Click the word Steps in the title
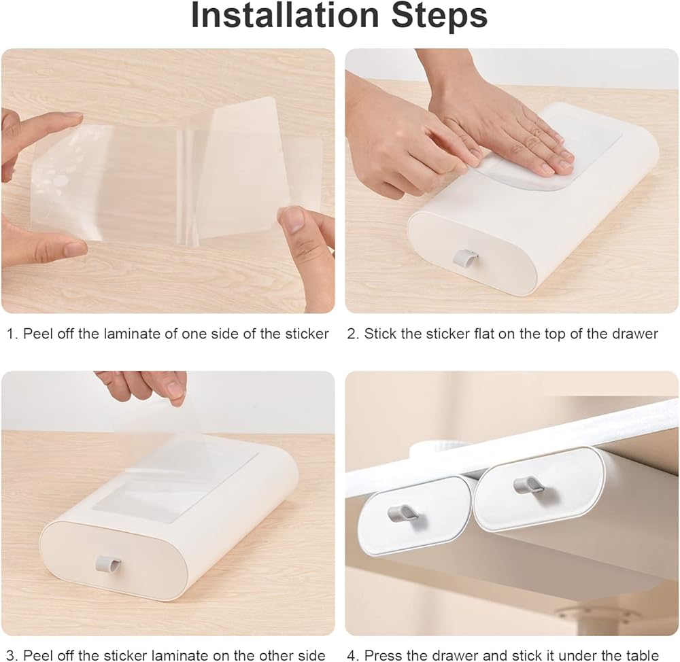coord(439,16)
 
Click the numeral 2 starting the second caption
coord(352,334)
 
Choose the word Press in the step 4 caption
coord(381,655)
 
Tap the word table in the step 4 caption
coord(643,655)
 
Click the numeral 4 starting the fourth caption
coord(352,655)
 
